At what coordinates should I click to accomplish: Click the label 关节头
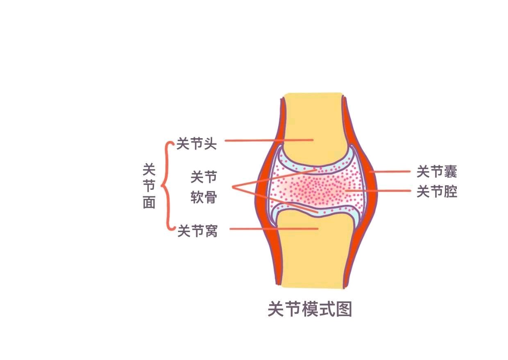tap(196, 144)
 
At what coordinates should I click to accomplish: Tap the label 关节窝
tap(197, 231)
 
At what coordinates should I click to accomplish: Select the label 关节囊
tap(437, 172)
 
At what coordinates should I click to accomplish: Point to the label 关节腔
tap(437, 191)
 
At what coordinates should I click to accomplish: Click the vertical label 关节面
tap(149, 186)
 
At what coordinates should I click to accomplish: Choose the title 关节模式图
tap(310, 309)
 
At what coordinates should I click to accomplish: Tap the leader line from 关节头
tap(269, 140)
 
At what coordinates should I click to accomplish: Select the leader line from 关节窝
tap(274, 228)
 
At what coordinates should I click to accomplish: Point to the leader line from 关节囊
tap(390, 172)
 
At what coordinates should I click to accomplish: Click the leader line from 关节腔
tap(378, 191)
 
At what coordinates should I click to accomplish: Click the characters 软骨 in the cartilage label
tap(204, 197)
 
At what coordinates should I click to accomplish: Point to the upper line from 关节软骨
tap(274, 178)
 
